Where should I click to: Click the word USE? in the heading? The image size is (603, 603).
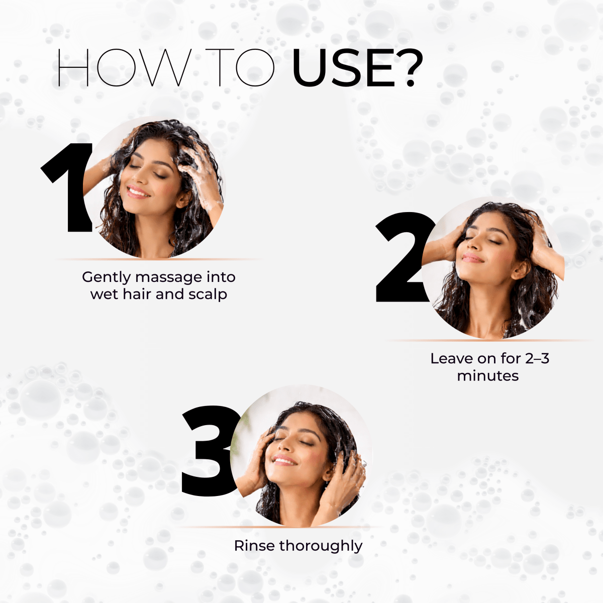(x=357, y=68)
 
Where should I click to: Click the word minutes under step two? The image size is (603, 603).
(x=488, y=375)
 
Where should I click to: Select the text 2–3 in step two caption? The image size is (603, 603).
(x=537, y=359)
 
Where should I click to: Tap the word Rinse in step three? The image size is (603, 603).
(x=254, y=546)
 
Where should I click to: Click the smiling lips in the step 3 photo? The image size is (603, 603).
(x=284, y=459)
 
